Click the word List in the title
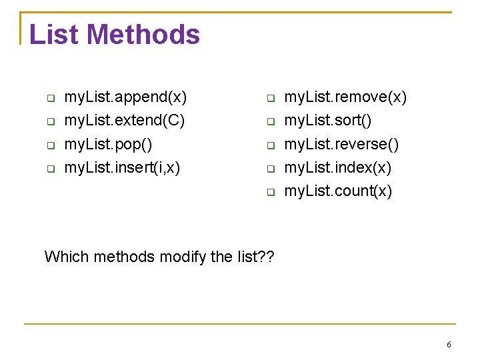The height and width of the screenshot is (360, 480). tap(54, 35)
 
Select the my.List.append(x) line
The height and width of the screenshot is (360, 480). tap(125, 97)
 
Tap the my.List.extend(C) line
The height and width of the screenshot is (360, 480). tap(125, 121)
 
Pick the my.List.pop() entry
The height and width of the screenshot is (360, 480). tap(108, 144)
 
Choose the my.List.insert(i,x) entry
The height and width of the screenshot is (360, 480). tap(122, 167)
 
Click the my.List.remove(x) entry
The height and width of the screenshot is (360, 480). tap(345, 97)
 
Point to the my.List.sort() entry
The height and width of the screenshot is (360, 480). tap(328, 121)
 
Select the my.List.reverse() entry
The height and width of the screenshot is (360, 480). tap(341, 144)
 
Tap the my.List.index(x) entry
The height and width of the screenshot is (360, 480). tap(338, 167)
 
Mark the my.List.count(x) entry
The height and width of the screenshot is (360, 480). tap(339, 191)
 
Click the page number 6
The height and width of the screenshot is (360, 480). tap(449, 345)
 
